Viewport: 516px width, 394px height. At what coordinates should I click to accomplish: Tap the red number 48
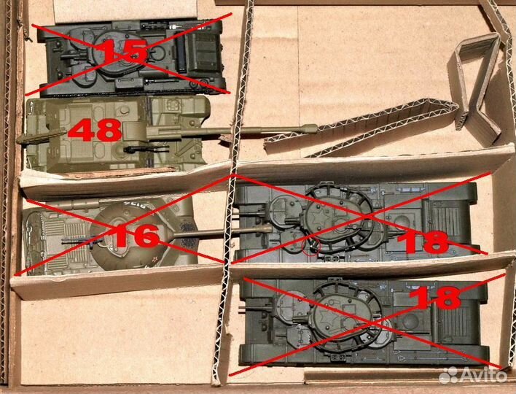(x=95, y=131)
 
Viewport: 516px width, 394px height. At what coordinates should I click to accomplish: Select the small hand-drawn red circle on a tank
(x=311, y=248)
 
